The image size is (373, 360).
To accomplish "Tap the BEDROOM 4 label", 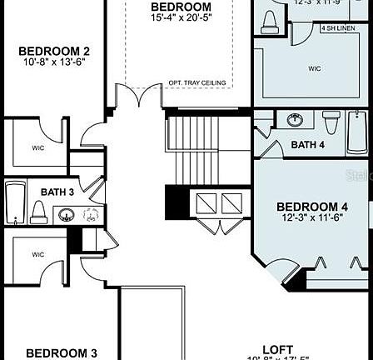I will coord(312,207).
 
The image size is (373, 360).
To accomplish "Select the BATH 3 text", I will coord(57,192).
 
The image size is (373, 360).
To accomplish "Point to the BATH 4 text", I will coord(308,145).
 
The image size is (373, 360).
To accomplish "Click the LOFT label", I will coord(277,350).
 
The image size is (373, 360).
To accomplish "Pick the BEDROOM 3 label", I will coord(61,352).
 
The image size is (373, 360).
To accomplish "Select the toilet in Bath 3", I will coord(38,212).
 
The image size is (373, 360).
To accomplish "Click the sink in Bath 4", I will coord(295,121).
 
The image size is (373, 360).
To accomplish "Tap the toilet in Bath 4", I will coord(331,123).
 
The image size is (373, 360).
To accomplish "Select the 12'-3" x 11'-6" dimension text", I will coord(312,217).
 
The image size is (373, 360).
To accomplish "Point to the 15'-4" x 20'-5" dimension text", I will coord(181,17).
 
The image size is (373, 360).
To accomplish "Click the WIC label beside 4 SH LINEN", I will coord(314,68).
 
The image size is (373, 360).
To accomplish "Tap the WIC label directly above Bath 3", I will coord(39,147).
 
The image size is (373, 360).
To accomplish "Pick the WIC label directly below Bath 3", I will coord(39,254).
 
